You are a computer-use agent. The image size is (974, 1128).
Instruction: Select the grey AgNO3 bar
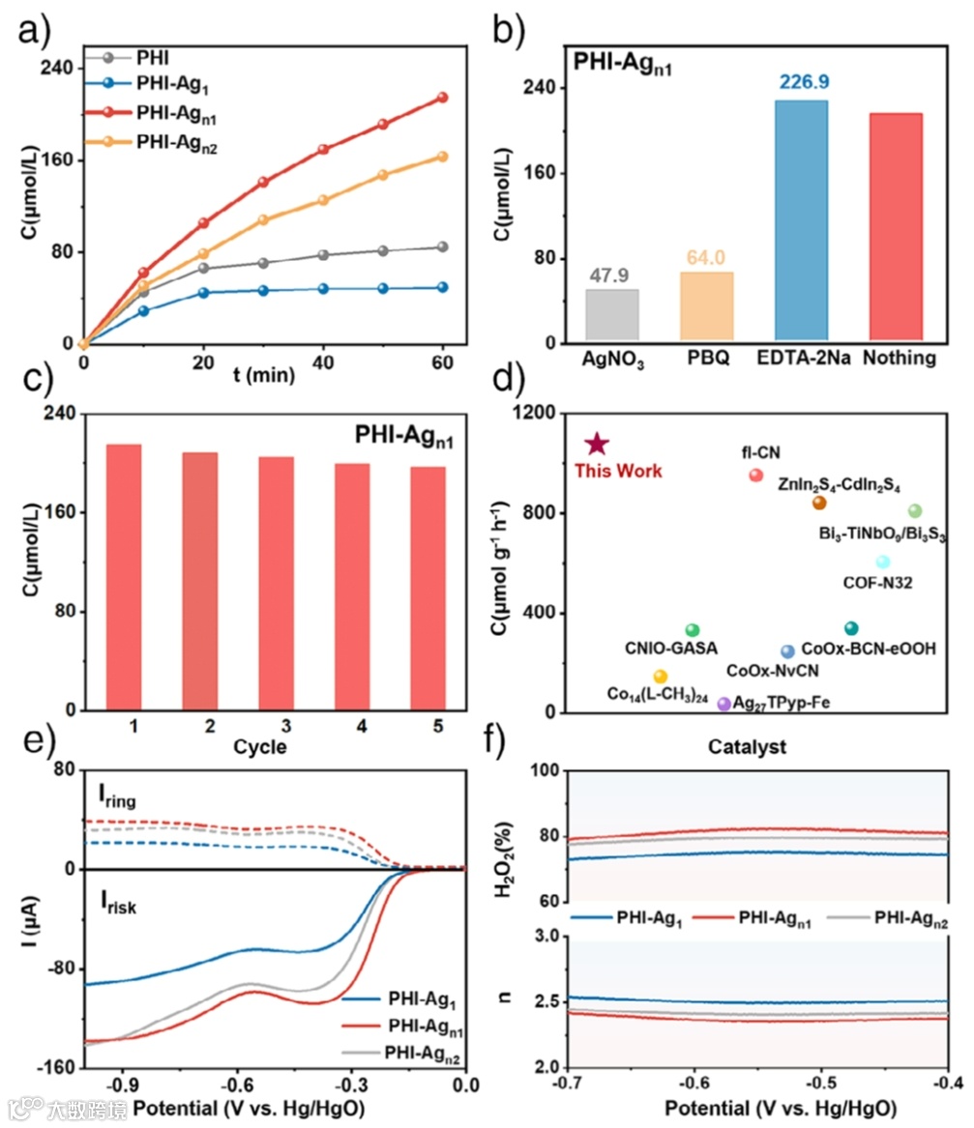tap(611, 316)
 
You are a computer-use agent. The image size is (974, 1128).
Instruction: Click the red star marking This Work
tap(597, 444)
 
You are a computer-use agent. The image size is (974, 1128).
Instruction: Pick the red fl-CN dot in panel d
tap(755, 475)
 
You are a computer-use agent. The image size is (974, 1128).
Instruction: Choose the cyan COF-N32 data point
tap(882, 562)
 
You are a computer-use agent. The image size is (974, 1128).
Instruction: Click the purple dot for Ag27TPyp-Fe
tap(723, 704)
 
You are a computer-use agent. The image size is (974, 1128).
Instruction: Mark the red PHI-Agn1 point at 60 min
tap(442, 98)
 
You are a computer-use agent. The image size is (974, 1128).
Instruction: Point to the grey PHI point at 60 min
tap(442, 247)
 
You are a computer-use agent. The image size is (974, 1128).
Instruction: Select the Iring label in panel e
tap(117, 798)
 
